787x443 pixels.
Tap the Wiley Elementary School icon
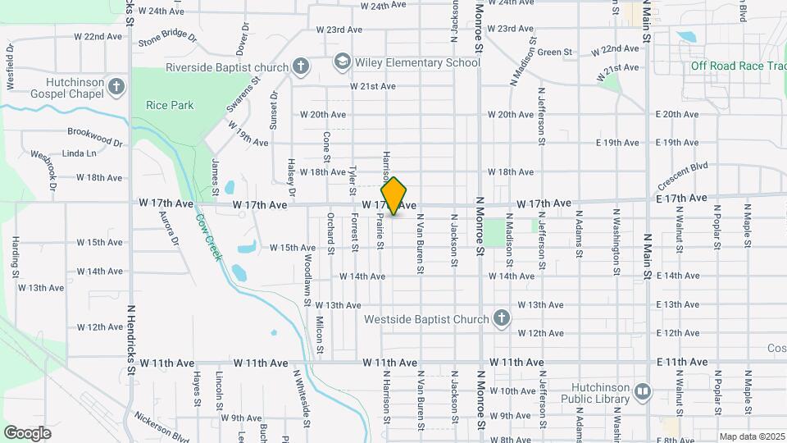[x=341, y=63]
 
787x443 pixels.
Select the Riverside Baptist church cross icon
[x=301, y=67]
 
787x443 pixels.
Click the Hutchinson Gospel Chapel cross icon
[x=117, y=86]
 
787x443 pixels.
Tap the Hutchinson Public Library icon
[x=642, y=392]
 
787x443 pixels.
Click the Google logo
[x=27, y=432]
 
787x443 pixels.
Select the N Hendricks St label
[x=130, y=336]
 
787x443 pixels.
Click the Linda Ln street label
[x=80, y=153]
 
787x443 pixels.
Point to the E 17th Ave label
[x=680, y=199]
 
